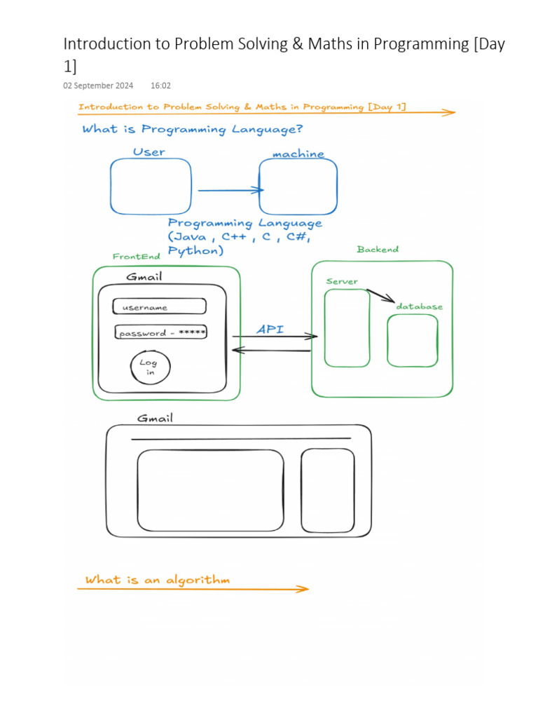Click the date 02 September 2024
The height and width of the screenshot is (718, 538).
point(98,86)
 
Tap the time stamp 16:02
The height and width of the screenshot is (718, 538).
point(160,86)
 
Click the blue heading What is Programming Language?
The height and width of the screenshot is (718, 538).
point(193,129)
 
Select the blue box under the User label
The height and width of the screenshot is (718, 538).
point(151,187)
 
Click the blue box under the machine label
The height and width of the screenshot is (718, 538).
point(298,187)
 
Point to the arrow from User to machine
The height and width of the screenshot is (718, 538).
point(230,190)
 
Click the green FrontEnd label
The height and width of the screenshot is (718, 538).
point(136,257)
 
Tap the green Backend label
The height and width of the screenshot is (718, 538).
point(378,249)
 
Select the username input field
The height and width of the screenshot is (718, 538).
point(160,307)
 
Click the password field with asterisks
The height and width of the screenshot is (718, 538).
point(161,333)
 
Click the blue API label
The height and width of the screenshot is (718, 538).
point(270,329)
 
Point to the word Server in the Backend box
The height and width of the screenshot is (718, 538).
point(342,281)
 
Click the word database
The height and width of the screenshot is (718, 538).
point(419,306)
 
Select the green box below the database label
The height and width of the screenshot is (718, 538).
point(413,341)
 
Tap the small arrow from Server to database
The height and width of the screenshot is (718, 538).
point(380,296)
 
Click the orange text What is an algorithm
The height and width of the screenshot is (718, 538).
point(157,580)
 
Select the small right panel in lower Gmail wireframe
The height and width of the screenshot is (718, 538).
point(328,490)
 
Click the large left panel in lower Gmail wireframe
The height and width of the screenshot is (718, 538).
point(211,490)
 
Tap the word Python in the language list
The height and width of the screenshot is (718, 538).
point(195,251)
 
